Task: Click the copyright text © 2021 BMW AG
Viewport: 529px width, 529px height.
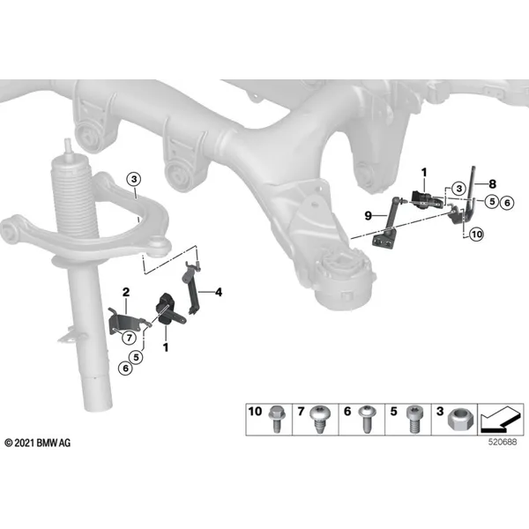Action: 38,443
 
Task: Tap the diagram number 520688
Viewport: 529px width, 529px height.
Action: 503,442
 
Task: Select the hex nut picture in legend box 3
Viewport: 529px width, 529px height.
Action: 460,421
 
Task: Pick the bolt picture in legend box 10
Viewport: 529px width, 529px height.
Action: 277,419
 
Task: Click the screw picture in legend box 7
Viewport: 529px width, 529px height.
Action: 320,420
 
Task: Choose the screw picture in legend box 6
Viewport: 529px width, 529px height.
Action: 368,420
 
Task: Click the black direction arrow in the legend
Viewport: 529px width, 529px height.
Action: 500,421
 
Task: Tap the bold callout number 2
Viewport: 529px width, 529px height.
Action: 126,292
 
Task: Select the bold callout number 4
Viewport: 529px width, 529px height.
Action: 219,292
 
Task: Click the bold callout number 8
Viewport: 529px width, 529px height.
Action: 493,184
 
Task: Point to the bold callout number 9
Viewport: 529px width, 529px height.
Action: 369,215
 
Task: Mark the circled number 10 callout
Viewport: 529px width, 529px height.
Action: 476,234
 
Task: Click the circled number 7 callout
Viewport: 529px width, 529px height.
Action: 129,337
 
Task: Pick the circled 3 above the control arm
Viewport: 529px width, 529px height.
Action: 134,179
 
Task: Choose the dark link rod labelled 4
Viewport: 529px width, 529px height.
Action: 191,287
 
